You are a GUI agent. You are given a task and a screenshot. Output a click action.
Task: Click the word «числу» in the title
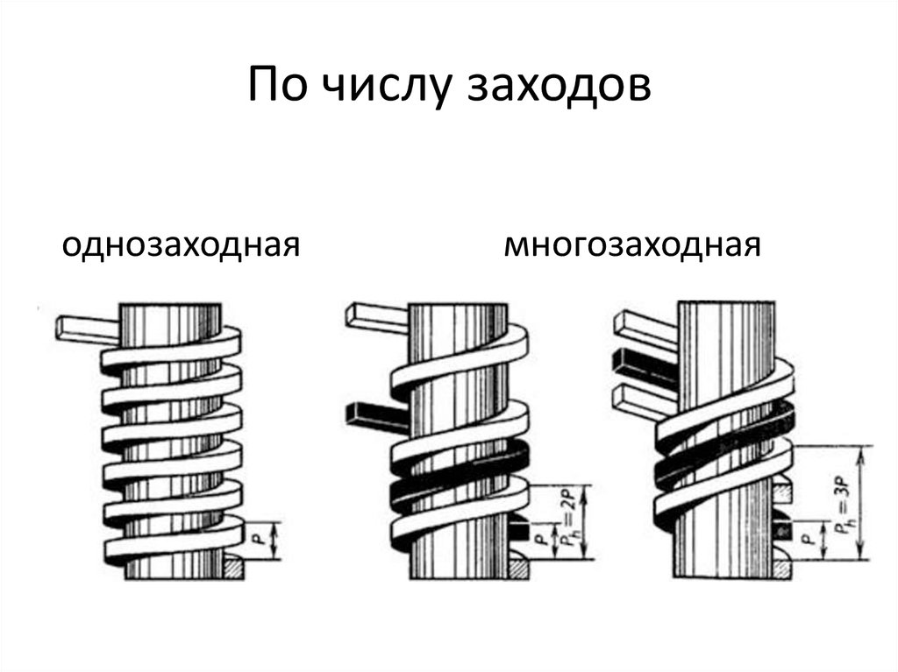click(387, 85)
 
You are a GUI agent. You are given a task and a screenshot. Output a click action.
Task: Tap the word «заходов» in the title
click(559, 87)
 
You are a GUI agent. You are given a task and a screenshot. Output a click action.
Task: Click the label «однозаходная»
click(181, 246)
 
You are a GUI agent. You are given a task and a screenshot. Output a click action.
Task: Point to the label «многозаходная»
click(632, 245)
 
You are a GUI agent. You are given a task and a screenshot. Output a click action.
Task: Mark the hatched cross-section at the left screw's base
click(233, 569)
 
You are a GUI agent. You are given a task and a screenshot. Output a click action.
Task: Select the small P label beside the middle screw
click(540, 539)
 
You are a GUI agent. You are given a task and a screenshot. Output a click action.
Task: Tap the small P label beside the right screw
click(806, 539)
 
